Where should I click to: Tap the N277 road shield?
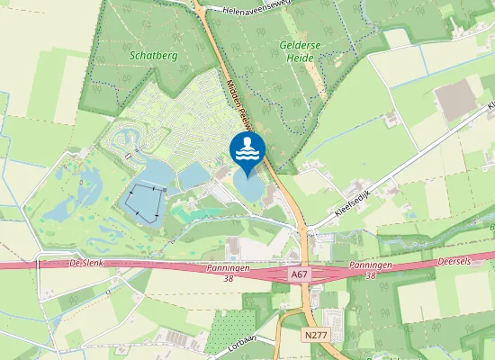(x=315, y=334)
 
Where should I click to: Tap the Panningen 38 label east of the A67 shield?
(x=371, y=272)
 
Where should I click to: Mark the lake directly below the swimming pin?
(x=248, y=186)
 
